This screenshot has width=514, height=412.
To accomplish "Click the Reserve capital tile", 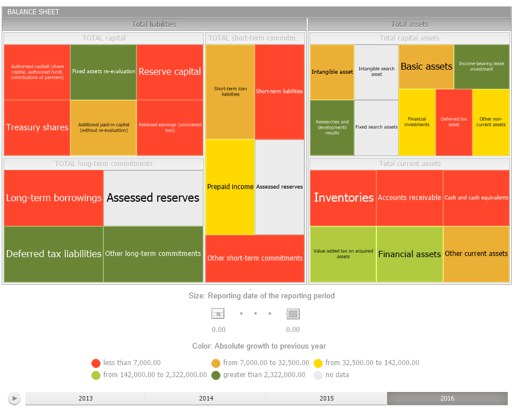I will tap(170, 72).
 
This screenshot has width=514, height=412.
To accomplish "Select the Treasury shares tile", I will tap(37, 127).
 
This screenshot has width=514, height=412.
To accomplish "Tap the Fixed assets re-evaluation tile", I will tap(103, 72).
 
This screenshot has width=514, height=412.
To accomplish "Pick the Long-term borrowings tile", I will tap(54, 198).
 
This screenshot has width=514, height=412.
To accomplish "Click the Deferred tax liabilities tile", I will tap(54, 254).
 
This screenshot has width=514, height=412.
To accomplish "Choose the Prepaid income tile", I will tap(230, 187).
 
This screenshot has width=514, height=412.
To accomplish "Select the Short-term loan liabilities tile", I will tap(230, 91).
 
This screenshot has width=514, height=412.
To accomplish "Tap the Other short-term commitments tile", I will tap(255, 258).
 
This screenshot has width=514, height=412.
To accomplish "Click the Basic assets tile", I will tap(426, 66).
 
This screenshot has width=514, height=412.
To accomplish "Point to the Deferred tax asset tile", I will tap(453, 122).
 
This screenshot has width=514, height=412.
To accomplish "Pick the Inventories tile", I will tap(343, 198).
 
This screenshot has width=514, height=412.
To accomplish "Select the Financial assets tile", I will tap(409, 254).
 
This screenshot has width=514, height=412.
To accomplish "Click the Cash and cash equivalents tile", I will tap(476, 198).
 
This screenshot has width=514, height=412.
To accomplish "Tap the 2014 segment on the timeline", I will tap(206, 398).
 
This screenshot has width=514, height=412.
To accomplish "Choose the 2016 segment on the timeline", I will tap(447, 398).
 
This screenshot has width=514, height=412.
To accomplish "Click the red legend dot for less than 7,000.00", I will tap(96, 363).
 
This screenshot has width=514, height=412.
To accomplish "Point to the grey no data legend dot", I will tap(319, 375).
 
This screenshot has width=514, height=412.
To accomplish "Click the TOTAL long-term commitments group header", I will tap(103, 164).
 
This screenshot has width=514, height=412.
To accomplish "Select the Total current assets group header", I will tap(409, 164).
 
